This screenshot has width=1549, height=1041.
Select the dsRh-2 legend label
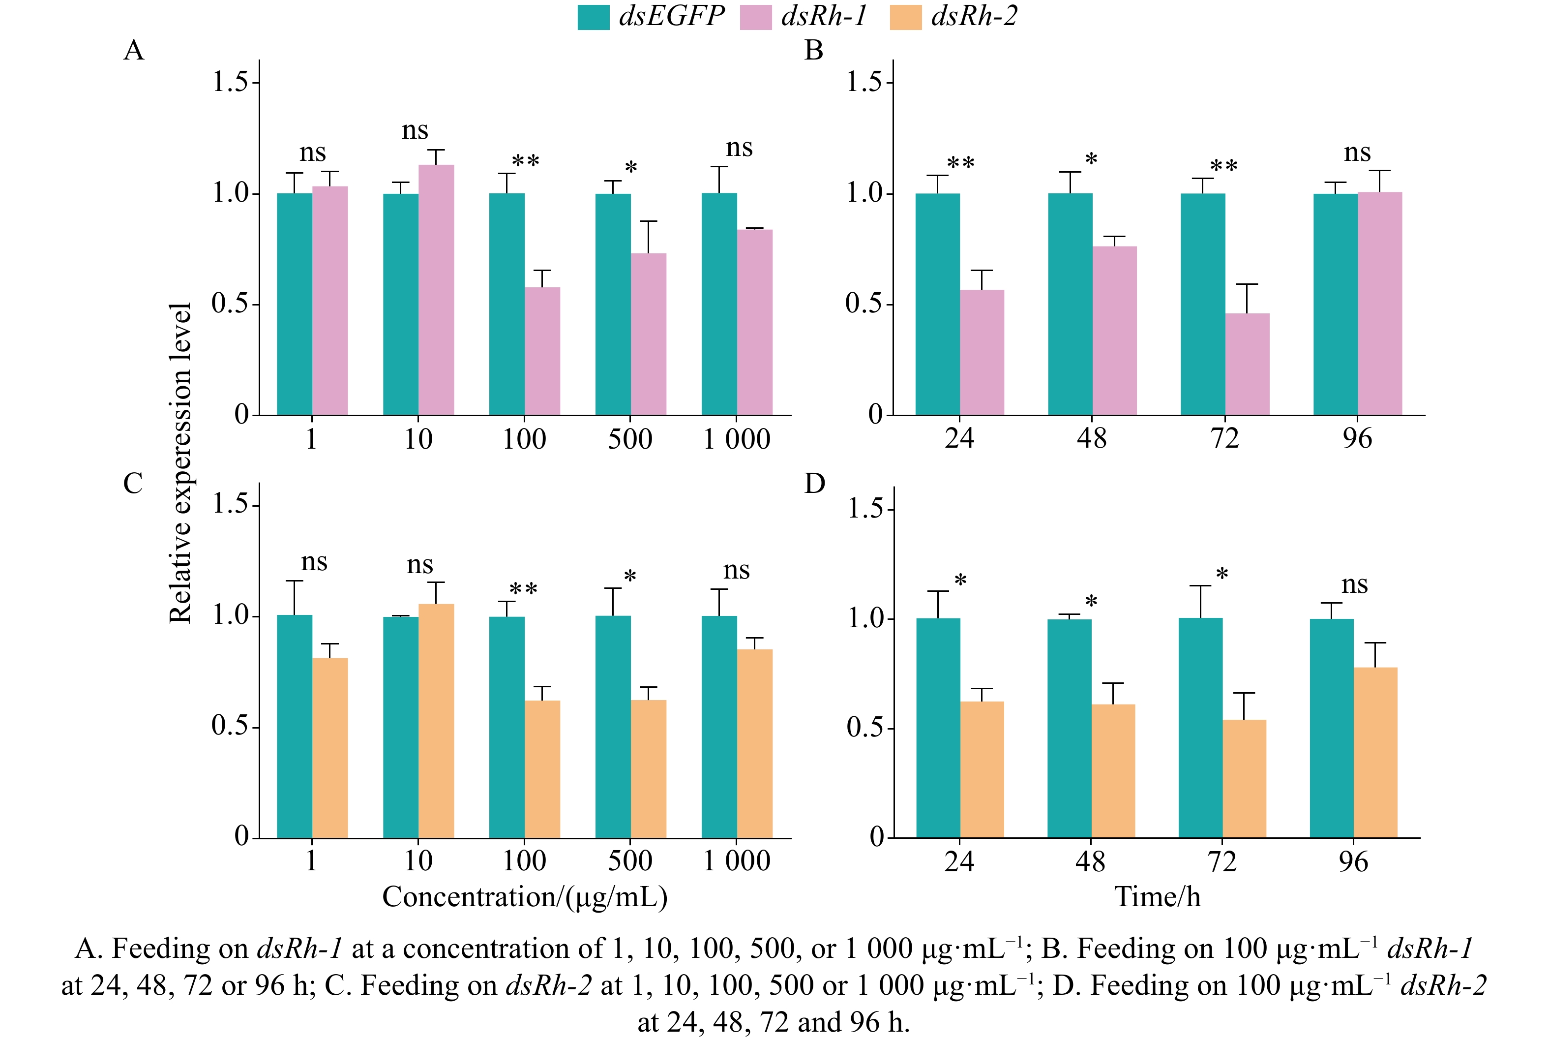coord(974,16)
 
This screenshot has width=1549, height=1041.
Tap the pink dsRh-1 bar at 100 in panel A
coord(542,351)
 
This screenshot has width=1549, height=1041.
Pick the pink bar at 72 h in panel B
coord(1247,365)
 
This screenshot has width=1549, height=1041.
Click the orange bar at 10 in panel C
coord(436,721)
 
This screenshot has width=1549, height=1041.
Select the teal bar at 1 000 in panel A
coord(719,304)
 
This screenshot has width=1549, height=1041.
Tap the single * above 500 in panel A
coord(630,168)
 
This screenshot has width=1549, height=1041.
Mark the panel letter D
coord(814,484)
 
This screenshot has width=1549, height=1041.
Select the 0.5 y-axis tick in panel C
coord(230,726)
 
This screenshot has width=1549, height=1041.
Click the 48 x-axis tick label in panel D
coord(1090,862)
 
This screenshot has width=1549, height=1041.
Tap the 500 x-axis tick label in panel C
coord(630,861)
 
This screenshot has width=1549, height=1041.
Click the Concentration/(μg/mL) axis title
coord(524,897)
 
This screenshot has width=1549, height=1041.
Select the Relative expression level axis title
coord(180,463)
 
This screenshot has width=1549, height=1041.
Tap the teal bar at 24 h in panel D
coord(938,728)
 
